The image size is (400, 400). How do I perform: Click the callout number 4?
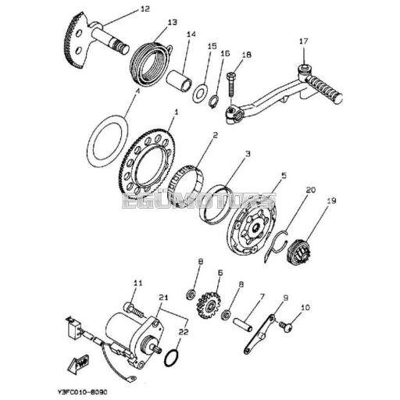pyautogui.click(x=137, y=91)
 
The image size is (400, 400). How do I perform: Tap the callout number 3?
pyautogui.click(x=248, y=155)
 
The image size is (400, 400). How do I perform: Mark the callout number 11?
pyautogui.click(x=137, y=283)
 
